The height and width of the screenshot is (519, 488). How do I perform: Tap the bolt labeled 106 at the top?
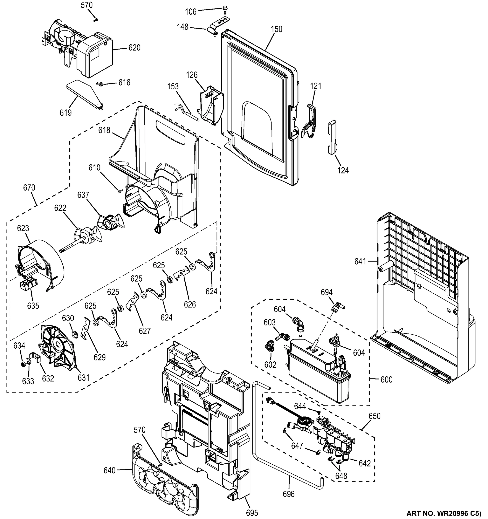coord(225,10)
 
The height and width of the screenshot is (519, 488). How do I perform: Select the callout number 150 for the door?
coord(276,29)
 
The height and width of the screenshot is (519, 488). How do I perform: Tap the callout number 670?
coord(29,188)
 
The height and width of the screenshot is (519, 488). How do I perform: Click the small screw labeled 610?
coord(120,191)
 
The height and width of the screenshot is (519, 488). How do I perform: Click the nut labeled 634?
coord(23,364)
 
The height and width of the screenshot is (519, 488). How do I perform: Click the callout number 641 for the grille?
coord(360,261)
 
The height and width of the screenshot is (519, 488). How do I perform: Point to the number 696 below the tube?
coord(288,494)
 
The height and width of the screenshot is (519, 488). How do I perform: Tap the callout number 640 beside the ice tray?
coord(109,470)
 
